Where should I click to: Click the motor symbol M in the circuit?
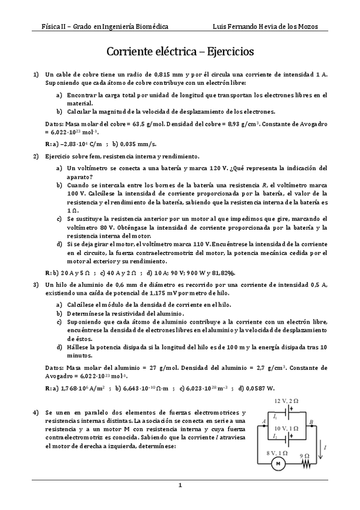tap(278, 463)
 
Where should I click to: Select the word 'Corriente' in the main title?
tap(132, 52)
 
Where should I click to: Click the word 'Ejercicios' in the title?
tap(224, 52)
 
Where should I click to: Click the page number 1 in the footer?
tap(180, 485)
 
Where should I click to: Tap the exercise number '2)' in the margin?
tap(36, 156)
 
